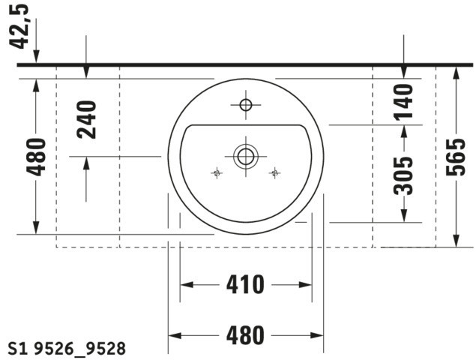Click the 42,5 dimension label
pos(19,26)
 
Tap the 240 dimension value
pos(87,120)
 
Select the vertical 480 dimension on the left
pos(36,157)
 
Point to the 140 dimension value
pos(403,102)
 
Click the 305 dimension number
pos(403,175)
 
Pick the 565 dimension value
pos(456,157)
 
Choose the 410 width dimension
pos(245,285)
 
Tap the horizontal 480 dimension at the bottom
pos(245,335)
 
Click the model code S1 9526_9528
pos(67,349)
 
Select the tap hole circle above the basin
pos(246,105)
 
